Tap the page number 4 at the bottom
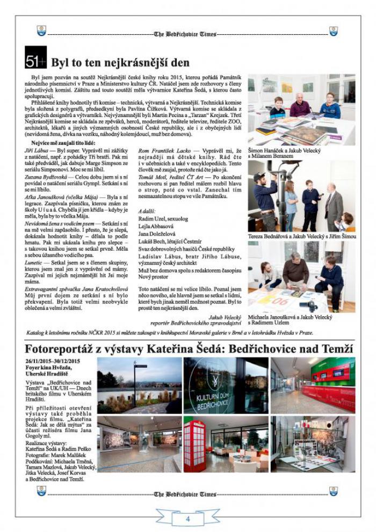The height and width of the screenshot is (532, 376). click(x=188, y=519)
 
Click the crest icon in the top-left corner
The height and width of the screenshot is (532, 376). click(x=41, y=33)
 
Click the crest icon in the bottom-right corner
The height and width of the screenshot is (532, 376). click(x=334, y=492)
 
